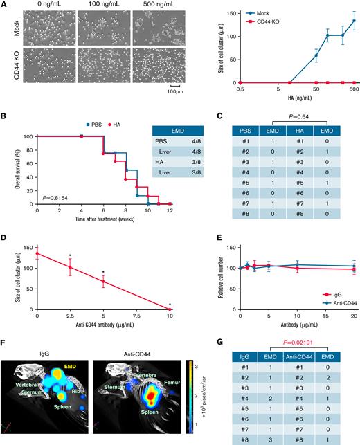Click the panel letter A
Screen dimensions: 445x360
4,5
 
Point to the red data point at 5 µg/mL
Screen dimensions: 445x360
103,282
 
